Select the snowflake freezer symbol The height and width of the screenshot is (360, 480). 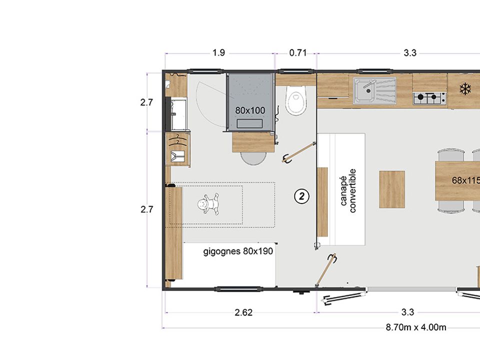465,89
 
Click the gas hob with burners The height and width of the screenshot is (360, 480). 429,98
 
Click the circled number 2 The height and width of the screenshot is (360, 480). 302,196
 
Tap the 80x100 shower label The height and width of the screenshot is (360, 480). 250,110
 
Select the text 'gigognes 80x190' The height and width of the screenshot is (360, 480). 238,251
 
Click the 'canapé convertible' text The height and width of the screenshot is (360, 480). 348,190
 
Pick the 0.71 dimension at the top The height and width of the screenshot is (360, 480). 298,53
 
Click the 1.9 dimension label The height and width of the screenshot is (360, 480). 219,53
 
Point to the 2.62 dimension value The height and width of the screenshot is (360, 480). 243,312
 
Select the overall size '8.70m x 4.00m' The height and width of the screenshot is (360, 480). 416,327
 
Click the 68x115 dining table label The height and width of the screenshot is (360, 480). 466,180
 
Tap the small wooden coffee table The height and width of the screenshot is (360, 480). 392,189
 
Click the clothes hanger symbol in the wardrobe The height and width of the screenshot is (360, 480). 177,139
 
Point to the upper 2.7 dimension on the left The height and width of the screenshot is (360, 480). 146,102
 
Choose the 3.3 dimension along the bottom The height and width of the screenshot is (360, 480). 408,312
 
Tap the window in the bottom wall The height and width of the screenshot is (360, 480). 239,288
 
